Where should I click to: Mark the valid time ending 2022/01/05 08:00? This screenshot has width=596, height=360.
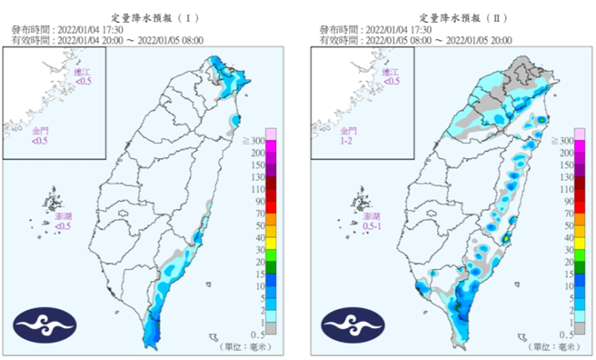click(108, 40)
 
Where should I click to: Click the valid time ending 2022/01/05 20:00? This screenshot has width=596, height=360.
click(415, 40)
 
